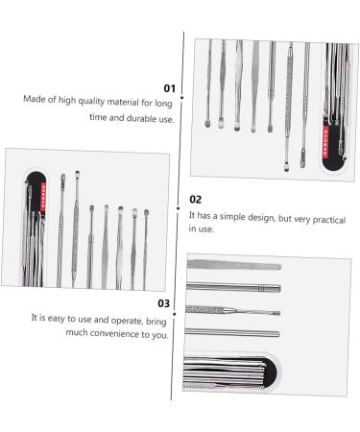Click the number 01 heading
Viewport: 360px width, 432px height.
[x=166, y=87]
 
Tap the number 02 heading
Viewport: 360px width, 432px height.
[x=195, y=200]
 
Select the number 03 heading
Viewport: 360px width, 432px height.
[x=163, y=303]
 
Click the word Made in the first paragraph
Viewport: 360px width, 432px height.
[x=37, y=99]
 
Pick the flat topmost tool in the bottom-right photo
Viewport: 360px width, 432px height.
[x=233, y=265]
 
